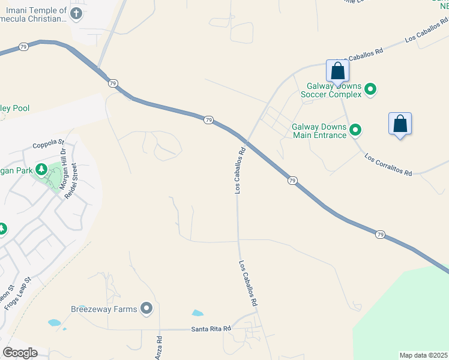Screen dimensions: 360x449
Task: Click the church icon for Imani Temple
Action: [76, 13]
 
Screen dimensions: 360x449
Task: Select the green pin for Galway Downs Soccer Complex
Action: [371, 90]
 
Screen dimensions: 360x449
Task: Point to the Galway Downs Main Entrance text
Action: [319, 131]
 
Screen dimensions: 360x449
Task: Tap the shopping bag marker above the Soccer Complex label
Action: [338, 71]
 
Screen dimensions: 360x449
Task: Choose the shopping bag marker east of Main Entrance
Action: [400, 124]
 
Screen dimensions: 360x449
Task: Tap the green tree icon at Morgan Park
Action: [41, 170]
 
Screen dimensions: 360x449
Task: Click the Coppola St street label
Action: [48, 143]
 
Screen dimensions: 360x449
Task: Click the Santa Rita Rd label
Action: [211, 329]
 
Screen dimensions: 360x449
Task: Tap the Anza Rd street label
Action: [160, 347]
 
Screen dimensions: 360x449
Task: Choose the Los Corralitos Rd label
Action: [388, 164]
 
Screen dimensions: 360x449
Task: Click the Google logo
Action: [19, 353]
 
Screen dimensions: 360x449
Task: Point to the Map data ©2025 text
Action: [423, 355]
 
